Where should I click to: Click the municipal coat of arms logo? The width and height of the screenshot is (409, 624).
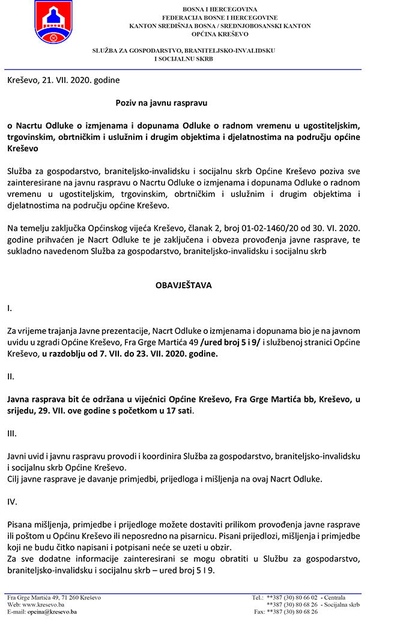(x=54, y=23)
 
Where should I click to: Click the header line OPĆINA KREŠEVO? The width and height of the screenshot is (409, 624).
(x=220, y=35)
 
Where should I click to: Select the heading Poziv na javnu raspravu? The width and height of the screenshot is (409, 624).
(x=161, y=103)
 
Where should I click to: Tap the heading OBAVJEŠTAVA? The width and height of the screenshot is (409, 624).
(x=184, y=285)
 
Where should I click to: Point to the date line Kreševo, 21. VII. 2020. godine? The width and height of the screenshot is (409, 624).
(x=64, y=80)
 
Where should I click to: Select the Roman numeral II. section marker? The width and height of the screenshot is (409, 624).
(x=11, y=377)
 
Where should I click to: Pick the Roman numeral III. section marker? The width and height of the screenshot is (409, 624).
(x=12, y=432)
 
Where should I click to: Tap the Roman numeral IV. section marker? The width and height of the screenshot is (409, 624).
(x=12, y=501)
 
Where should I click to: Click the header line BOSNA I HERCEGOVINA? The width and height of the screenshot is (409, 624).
(x=220, y=10)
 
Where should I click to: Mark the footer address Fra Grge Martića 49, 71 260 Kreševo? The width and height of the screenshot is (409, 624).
(x=54, y=598)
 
